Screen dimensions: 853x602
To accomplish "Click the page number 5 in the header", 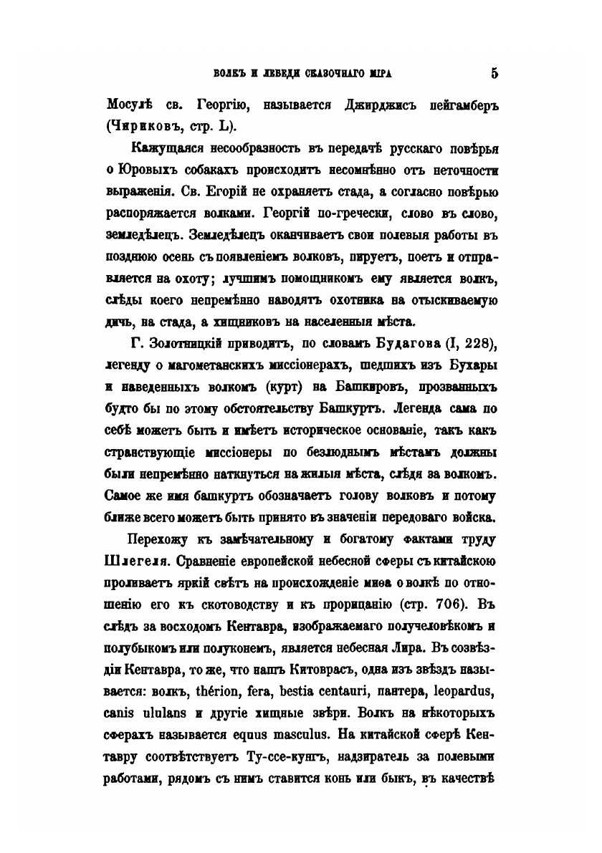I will click(x=494, y=72).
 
